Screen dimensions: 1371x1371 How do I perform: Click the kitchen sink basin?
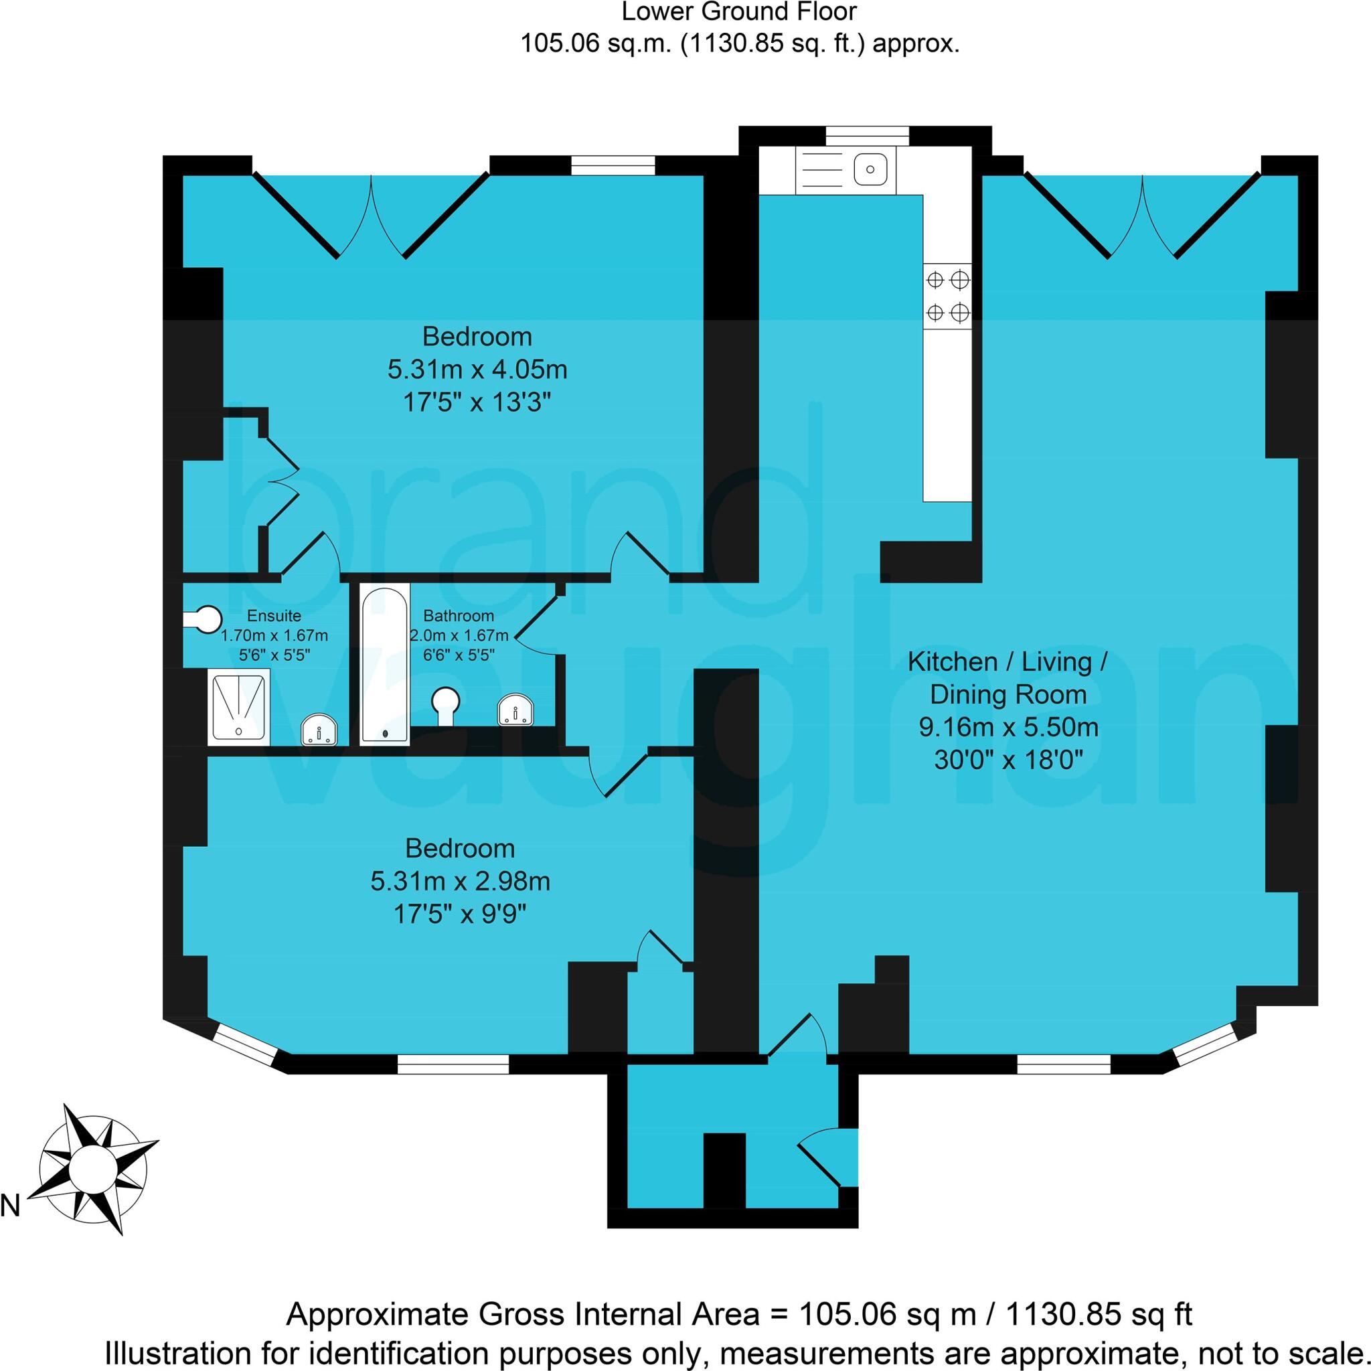(870, 169)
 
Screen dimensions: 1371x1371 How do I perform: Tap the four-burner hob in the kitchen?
(947, 295)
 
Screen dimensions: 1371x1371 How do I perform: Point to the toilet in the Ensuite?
(204, 619)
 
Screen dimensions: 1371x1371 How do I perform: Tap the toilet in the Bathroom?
(446, 705)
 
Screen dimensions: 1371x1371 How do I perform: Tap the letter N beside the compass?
(10, 1206)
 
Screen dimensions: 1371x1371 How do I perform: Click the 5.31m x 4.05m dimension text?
(477, 370)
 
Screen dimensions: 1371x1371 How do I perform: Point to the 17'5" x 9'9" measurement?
(460, 914)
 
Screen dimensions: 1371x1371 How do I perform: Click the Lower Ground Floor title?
(740, 12)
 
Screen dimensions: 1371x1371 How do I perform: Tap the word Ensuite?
(274, 616)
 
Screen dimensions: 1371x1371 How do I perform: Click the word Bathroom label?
(459, 616)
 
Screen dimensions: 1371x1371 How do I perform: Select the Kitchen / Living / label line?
(1007, 662)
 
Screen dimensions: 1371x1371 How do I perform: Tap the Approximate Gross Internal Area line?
(739, 1315)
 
